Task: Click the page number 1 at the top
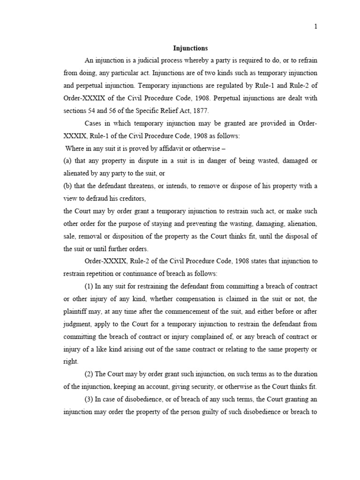pos(315,27)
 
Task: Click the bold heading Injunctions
pos(190,48)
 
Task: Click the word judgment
pos(77,324)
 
